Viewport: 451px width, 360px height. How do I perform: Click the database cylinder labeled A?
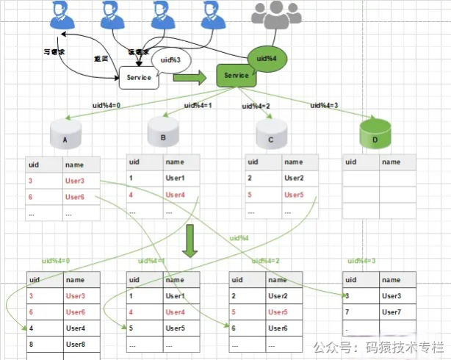[65, 135]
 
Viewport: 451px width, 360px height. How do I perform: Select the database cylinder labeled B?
[163, 132]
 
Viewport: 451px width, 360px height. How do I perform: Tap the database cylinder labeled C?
[270, 134]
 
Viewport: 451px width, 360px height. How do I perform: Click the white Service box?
[139, 77]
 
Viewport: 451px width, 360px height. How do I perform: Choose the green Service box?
[236, 75]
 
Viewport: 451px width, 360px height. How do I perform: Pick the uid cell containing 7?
[359, 312]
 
